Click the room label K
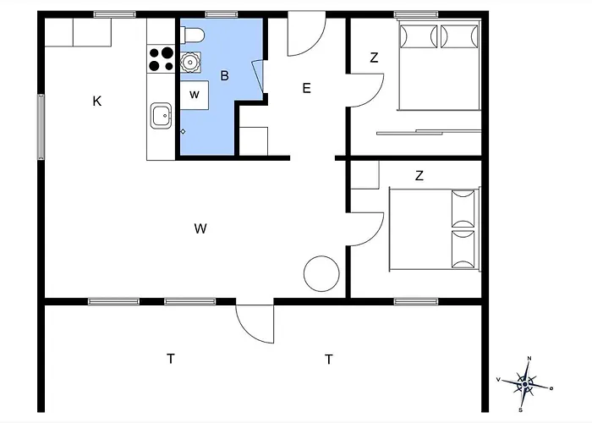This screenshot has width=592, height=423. click(x=97, y=102)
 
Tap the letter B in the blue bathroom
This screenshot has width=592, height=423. click(x=224, y=76)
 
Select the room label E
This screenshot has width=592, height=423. click(x=306, y=88)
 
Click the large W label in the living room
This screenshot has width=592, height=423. click(x=200, y=228)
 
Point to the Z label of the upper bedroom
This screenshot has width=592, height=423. click(x=374, y=58)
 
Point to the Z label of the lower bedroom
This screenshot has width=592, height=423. click(x=419, y=176)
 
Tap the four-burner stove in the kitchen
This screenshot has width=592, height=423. click(x=161, y=58)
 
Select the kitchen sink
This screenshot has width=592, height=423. click(x=161, y=115)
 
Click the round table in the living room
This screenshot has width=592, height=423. click(x=321, y=272)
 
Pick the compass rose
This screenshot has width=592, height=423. click(x=524, y=384)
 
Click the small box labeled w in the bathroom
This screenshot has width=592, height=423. click(x=195, y=94)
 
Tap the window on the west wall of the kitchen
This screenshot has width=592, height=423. click(x=40, y=126)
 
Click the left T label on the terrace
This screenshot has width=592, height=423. click(x=171, y=360)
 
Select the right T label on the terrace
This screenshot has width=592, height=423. click(x=328, y=360)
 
